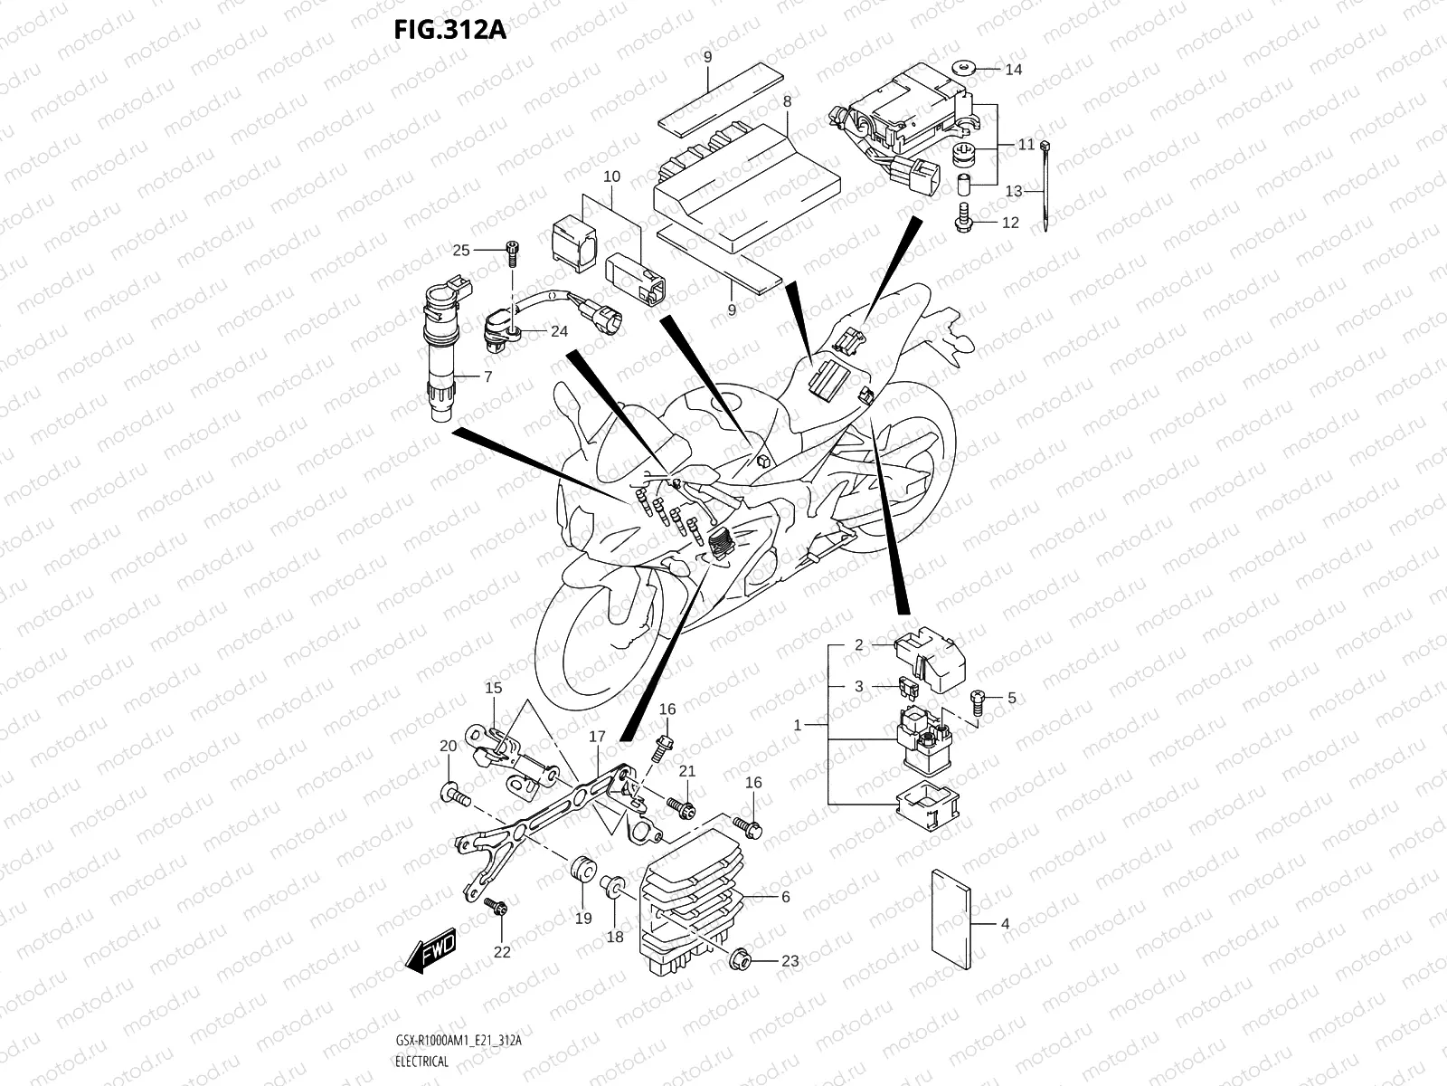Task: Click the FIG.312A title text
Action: tap(449, 30)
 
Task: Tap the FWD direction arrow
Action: tap(432, 953)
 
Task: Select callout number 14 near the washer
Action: tap(1014, 69)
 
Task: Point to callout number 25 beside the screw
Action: tap(461, 251)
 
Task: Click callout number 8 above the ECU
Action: tap(788, 101)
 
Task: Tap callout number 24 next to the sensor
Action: tap(559, 332)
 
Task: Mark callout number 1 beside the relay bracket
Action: tap(797, 726)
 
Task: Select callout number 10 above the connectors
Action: tap(612, 176)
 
